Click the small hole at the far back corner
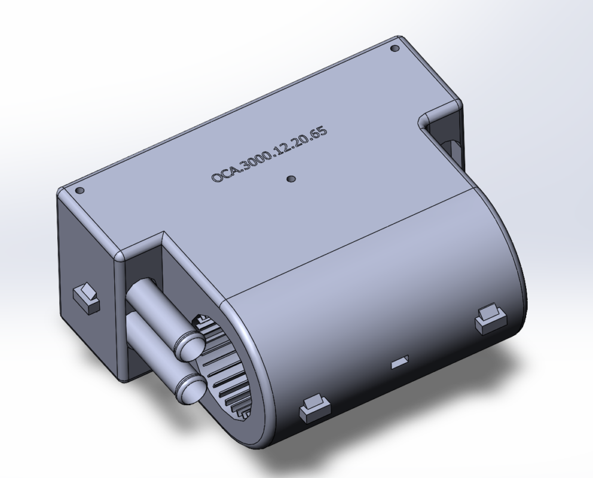coord(395,48)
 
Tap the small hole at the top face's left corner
coord(80,191)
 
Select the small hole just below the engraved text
coord(291,179)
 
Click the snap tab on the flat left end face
coord(86,298)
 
